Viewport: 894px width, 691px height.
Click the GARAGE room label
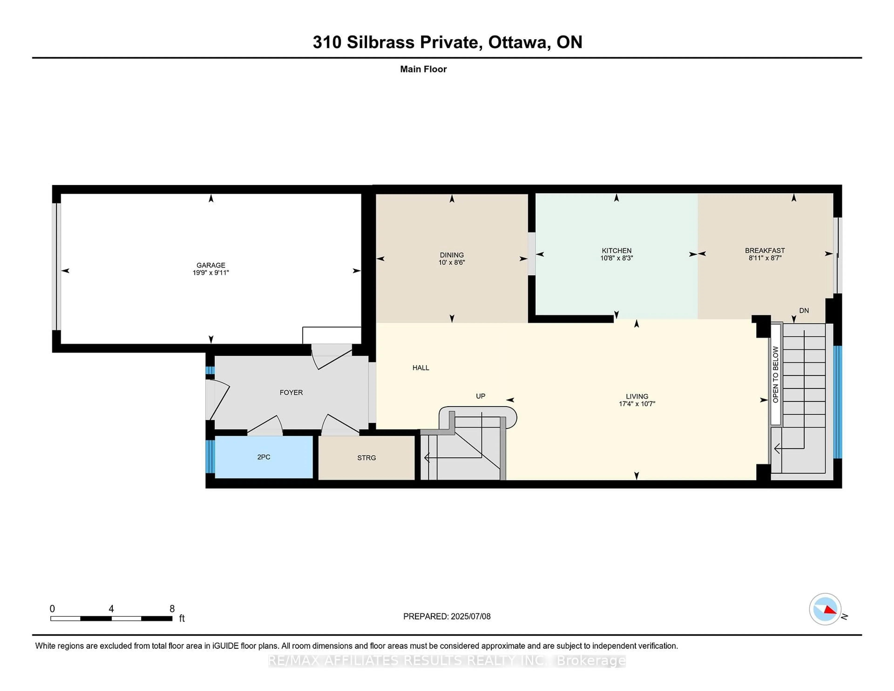click(x=211, y=265)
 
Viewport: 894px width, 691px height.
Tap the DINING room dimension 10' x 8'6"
click(x=452, y=262)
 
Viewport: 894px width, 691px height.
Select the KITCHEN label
click(x=616, y=251)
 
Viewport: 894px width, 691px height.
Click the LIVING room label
click(x=637, y=396)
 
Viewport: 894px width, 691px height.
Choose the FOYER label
click(x=291, y=393)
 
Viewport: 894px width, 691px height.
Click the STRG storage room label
click(x=366, y=458)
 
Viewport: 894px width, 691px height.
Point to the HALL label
click(x=421, y=368)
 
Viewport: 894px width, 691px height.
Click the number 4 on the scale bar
click(x=111, y=609)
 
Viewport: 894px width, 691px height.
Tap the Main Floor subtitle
click(x=423, y=69)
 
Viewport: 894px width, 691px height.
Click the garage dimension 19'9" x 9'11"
click(x=211, y=273)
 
